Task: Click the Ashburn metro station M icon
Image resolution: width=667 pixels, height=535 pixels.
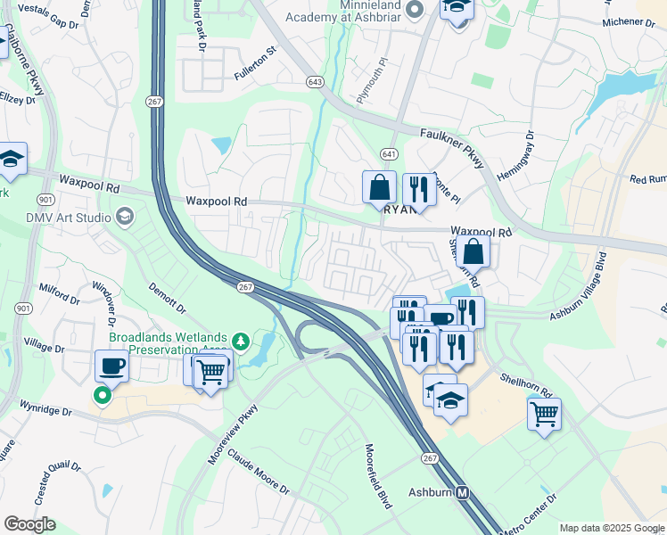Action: [x=463, y=492]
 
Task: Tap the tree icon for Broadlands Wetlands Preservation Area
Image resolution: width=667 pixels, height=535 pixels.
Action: [x=239, y=341]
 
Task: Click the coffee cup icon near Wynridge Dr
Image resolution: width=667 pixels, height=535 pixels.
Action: [x=112, y=365]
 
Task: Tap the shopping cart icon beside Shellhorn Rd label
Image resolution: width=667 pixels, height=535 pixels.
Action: [x=544, y=413]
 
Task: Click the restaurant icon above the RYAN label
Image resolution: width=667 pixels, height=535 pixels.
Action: [x=416, y=188]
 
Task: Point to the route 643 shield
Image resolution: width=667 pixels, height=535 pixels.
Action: [x=314, y=82]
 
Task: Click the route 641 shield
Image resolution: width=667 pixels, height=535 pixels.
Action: [x=388, y=154]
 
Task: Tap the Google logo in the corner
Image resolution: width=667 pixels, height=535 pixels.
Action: [x=29, y=524]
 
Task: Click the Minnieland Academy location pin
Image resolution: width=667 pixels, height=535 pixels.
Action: [x=413, y=9]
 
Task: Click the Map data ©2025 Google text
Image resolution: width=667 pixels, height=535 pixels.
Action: [x=611, y=528]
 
